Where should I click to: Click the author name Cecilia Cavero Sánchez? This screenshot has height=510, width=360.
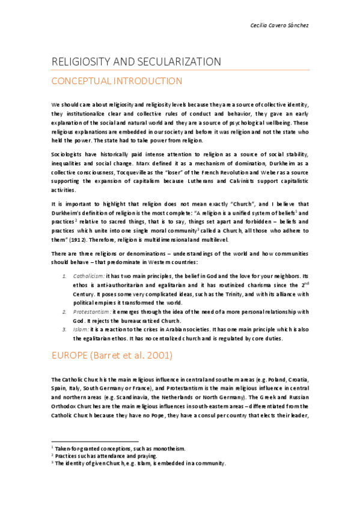279,25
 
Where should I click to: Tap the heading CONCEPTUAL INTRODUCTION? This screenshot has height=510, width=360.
117,81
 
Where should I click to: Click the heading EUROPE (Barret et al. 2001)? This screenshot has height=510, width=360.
112,355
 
